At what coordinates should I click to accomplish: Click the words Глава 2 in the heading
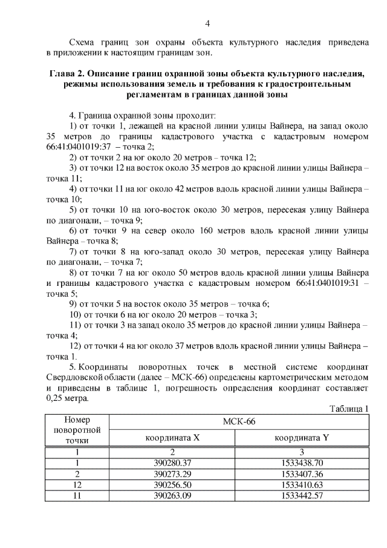pyautogui.click(x=68, y=74)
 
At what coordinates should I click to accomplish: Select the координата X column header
pyautogui.click(x=172, y=437)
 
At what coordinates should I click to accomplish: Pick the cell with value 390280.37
pyautogui.click(x=172, y=463)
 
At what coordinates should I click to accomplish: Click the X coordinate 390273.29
pyautogui.click(x=172, y=474)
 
